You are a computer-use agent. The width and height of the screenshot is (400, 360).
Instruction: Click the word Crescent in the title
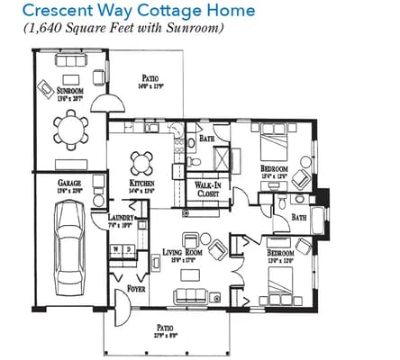point(60,12)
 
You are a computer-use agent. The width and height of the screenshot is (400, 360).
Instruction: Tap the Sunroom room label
point(71,91)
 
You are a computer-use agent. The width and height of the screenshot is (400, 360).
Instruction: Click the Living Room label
point(182,253)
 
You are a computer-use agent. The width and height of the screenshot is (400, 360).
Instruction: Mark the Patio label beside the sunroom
point(150,78)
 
